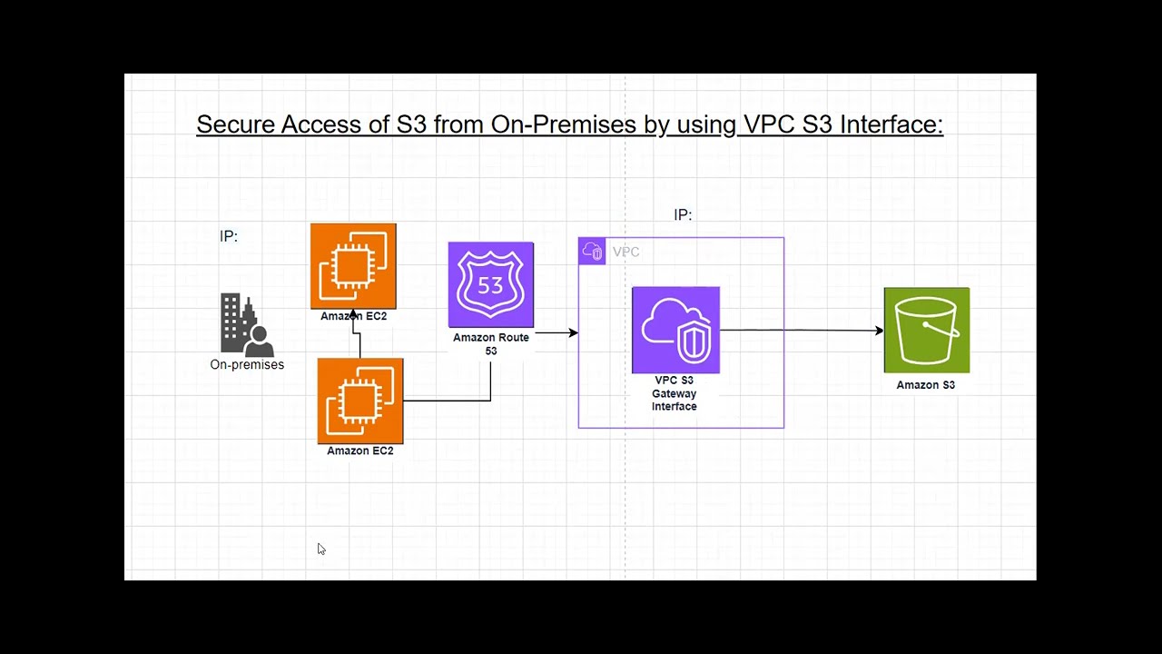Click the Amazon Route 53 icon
point(491,284)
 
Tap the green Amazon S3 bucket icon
point(927,330)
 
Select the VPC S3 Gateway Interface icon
point(676,330)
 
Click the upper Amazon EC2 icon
point(353,266)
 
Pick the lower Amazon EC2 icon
point(360,401)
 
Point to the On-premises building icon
point(247,325)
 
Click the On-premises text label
point(247,364)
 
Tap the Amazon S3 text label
point(925,385)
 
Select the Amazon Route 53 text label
point(491,344)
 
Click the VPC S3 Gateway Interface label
point(675,393)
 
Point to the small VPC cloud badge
point(592,252)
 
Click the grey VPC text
point(625,252)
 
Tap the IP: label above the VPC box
point(683,214)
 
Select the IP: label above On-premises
point(229,236)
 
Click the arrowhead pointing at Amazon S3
point(880,330)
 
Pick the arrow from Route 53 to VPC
point(556,332)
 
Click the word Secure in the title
point(235,124)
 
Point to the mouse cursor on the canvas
point(321,550)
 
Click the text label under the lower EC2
point(360,451)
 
